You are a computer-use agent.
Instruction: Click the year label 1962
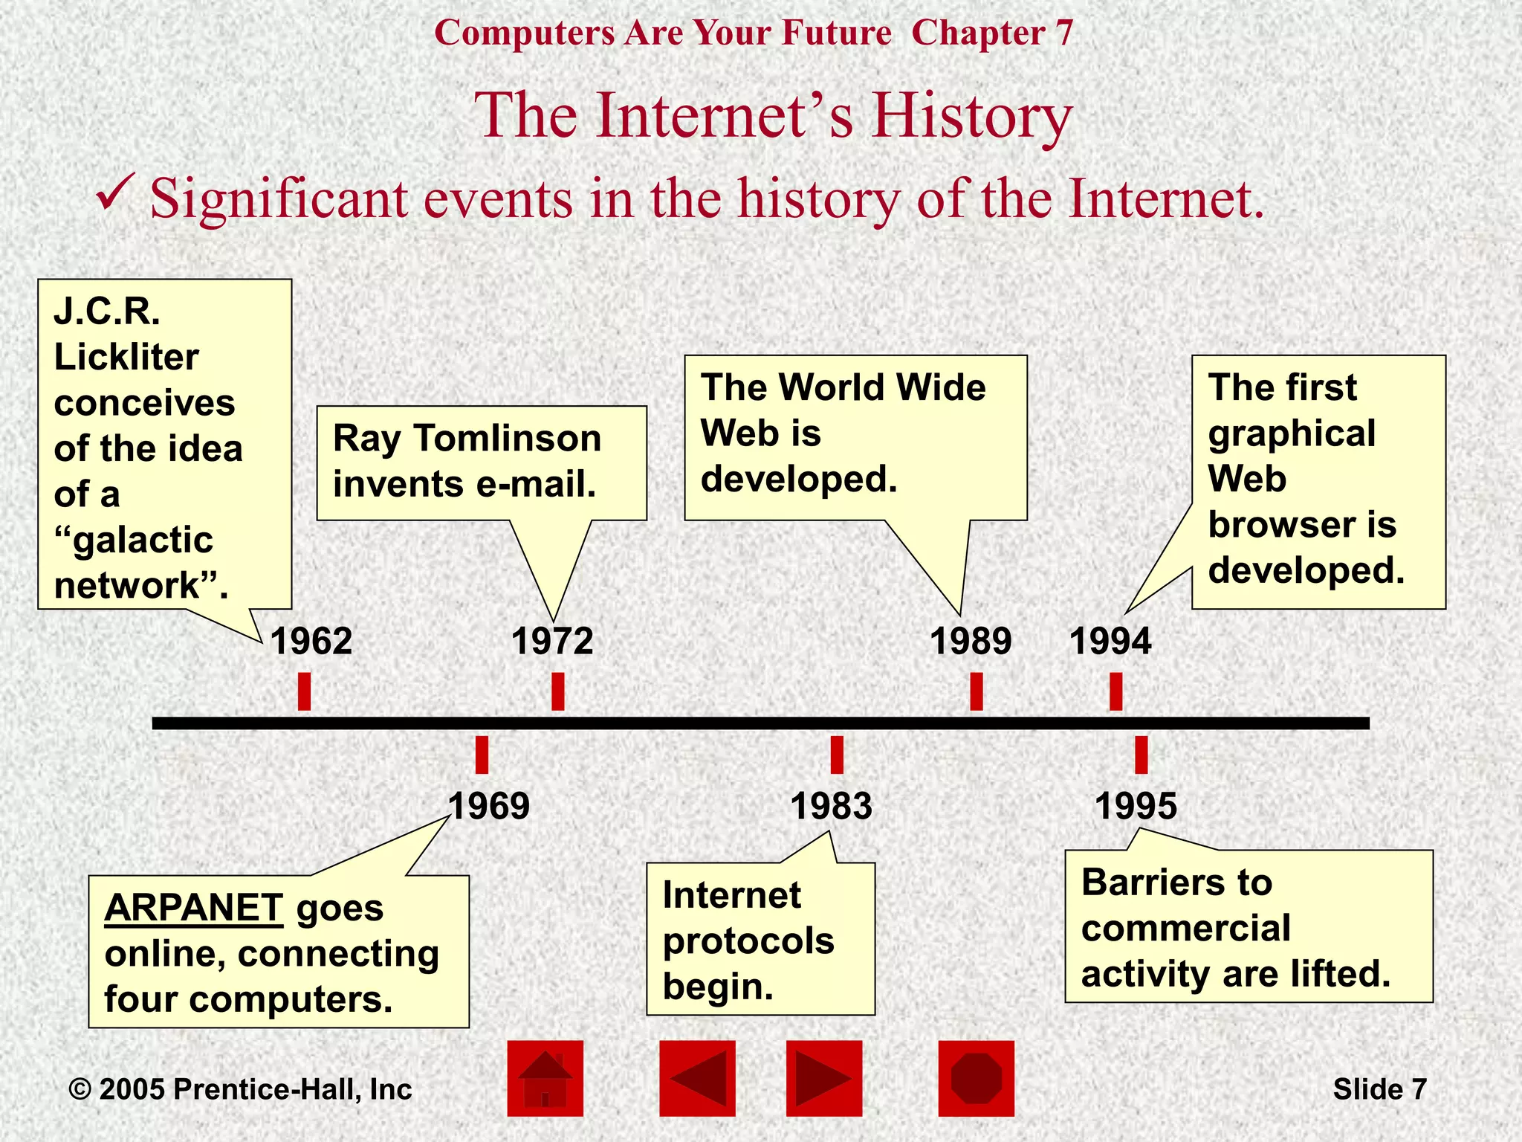(x=311, y=641)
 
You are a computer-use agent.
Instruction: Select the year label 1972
(x=552, y=641)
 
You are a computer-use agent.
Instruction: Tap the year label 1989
(x=971, y=641)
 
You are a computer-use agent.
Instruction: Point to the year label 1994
(x=1110, y=641)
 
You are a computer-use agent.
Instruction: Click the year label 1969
(x=489, y=806)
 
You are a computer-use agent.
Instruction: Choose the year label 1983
(x=831, y=806)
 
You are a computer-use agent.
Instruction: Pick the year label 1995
(x=1136, y=806)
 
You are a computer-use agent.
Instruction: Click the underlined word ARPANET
(x=193, y=908)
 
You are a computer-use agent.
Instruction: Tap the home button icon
(x=545, y=1078)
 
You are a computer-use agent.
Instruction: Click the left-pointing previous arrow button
(x=697, y=1078)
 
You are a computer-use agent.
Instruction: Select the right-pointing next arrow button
(x=824, y=1078)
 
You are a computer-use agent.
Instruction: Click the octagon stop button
(x=976, y=1078)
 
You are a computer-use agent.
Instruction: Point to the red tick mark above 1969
(x=482, y=755)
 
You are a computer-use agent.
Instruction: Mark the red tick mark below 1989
(x=977, y=691)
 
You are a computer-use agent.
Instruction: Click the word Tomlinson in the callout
(x=508, y=438)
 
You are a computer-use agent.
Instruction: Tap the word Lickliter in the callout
(x=126, y=358)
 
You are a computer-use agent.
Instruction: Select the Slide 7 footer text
(x=1379, y=1089)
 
